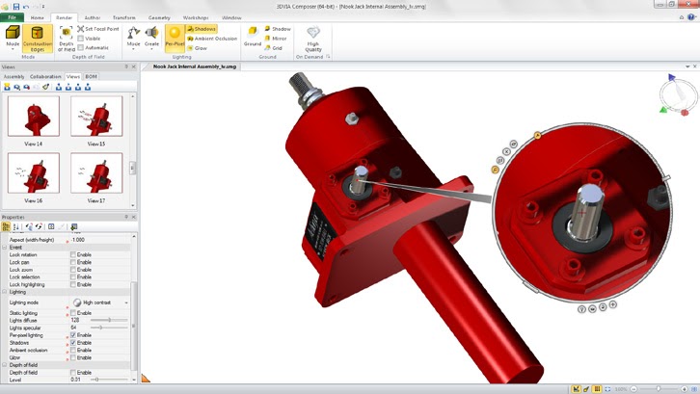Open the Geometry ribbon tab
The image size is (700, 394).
tap(159, 18)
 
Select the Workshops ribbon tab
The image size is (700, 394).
tap(196, 18)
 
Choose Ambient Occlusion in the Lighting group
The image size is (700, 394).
tap(211, 39)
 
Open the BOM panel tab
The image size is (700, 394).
tap(92, 76)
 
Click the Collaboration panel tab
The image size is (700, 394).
tap(45, 76)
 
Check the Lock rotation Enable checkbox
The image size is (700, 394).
tap(73, 254)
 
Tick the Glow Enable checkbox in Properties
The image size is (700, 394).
tap(73, 357)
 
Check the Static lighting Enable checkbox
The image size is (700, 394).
tap(73, 313)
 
